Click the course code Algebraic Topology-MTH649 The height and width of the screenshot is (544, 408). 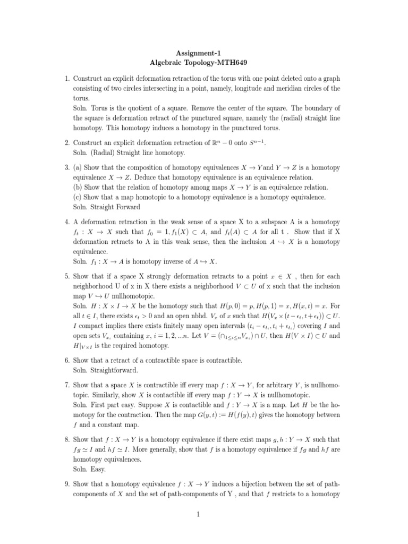(203, 63)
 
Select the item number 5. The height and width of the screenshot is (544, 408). (67, 276)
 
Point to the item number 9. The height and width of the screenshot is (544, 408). (67, 484)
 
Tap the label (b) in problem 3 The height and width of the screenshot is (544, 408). (78, 187)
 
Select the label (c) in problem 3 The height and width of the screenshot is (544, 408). (78, 197)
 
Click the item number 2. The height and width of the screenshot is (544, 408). (67, 143)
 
